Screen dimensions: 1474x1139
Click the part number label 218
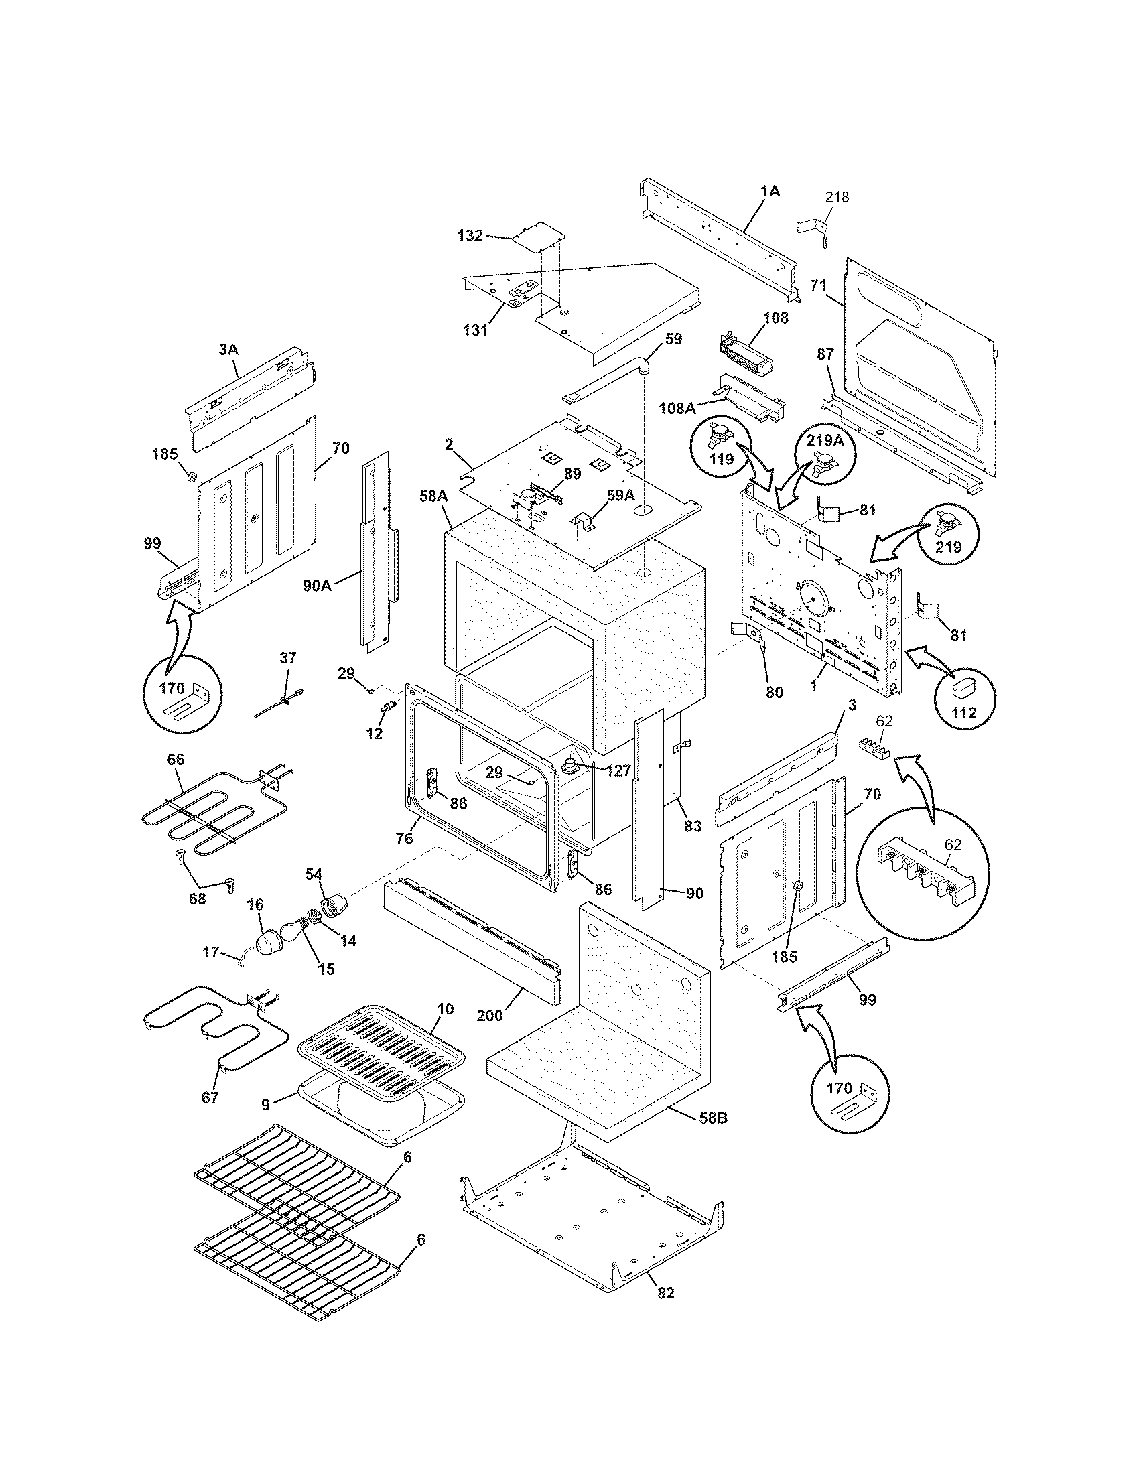(x=837, y=197)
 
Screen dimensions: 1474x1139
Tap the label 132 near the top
(x=470, y=236)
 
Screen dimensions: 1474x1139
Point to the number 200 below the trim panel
(x=490, y=1014)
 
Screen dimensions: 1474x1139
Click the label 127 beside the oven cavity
(x=618, y=770)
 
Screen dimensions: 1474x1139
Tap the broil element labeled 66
(x=202, y=810)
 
